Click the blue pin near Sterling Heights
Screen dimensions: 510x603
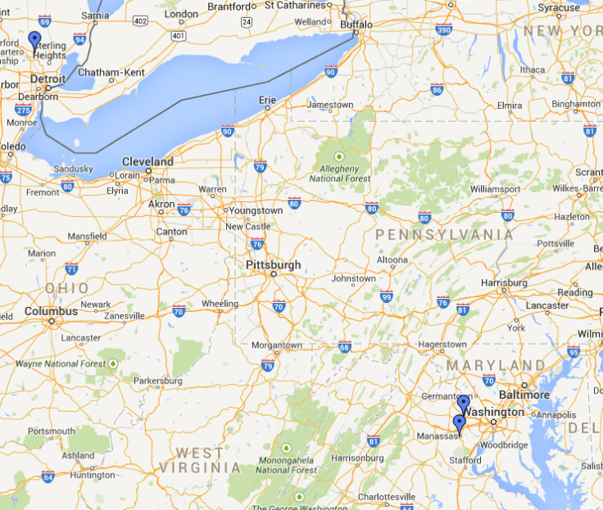click(34, 40)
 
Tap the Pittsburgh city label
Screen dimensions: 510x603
click(273, 265)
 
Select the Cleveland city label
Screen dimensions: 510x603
click(147, 161)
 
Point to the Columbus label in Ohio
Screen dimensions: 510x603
click(51, 311)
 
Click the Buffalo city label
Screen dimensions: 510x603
click(356, 25)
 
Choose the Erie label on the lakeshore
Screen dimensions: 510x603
click(267, 100)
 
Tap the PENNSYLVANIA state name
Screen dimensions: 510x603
click(445, 235)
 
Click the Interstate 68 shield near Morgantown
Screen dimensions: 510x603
click(344, 346)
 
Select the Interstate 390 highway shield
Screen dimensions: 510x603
click(443, 30)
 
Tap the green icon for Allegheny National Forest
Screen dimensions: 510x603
click(339, 156)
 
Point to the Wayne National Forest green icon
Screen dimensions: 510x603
click(113, 363)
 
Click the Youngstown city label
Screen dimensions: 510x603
click(255, 210)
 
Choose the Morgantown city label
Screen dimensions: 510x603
click(276, 345)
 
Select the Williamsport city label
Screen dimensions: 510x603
click(495, 189)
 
